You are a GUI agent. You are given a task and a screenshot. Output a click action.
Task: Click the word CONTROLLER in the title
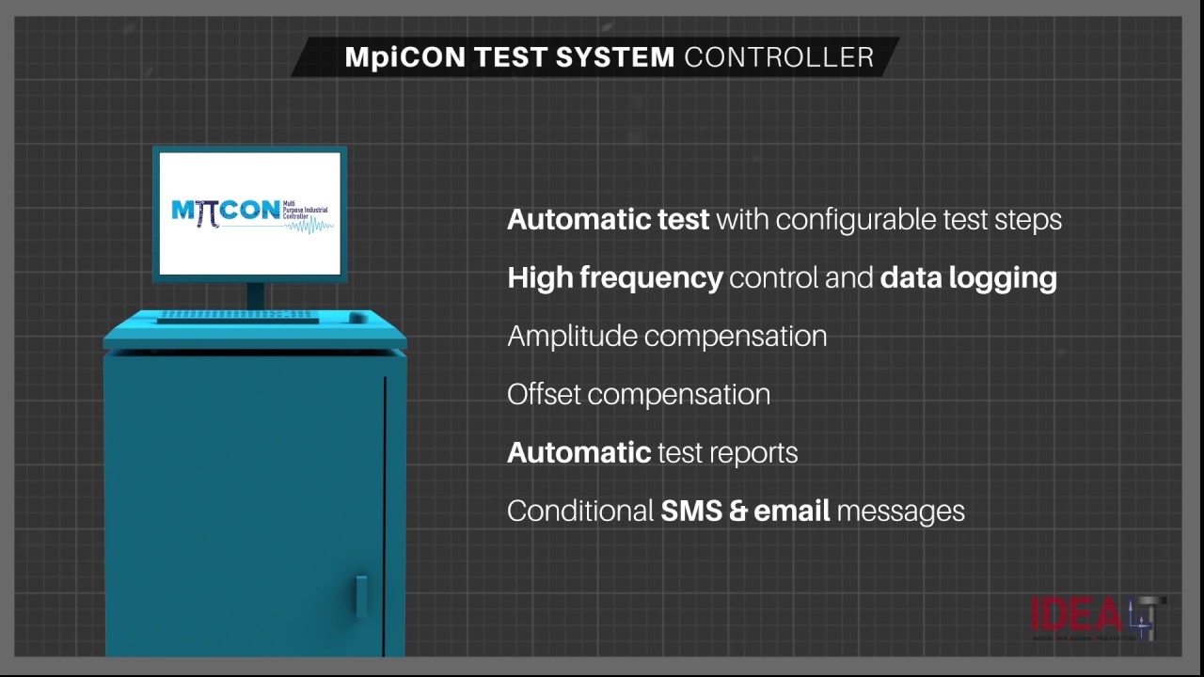[779, 57]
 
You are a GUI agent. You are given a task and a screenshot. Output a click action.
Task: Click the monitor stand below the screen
[255, 294]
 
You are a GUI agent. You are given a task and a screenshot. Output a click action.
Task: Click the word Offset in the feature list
[545, 394]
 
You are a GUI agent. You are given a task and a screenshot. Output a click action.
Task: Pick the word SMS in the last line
[691, 511]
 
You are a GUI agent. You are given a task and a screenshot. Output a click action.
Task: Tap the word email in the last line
[792, 511]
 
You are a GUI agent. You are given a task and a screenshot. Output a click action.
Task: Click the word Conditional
[580, 511]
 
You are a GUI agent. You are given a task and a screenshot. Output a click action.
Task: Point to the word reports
[752, 452]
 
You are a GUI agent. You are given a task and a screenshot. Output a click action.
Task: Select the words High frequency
[614, 278]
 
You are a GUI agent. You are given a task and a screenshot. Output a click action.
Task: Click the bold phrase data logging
[968, 278]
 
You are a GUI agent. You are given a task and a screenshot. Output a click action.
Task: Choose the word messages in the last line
[900, 511]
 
